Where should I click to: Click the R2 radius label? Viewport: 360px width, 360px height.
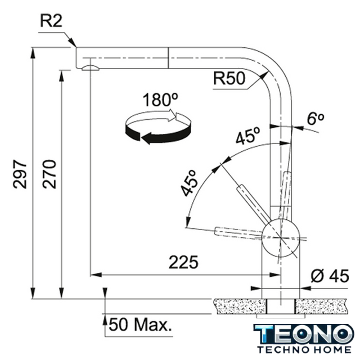click(x=51, y=21)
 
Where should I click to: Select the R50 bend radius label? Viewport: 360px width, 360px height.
click(x=229, y=78)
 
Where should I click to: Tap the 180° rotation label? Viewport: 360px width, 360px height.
click(x=160, y=100)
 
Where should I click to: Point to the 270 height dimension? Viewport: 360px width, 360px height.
click(x=49, y=174)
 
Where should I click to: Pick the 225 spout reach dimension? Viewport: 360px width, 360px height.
click(x=183, y=262)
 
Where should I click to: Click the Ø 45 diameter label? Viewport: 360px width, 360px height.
click(x=330, y=276)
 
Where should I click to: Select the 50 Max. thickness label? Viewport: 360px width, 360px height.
click(x=140, y=325)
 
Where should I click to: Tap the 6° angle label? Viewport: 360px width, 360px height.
click(x=316, y=119)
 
